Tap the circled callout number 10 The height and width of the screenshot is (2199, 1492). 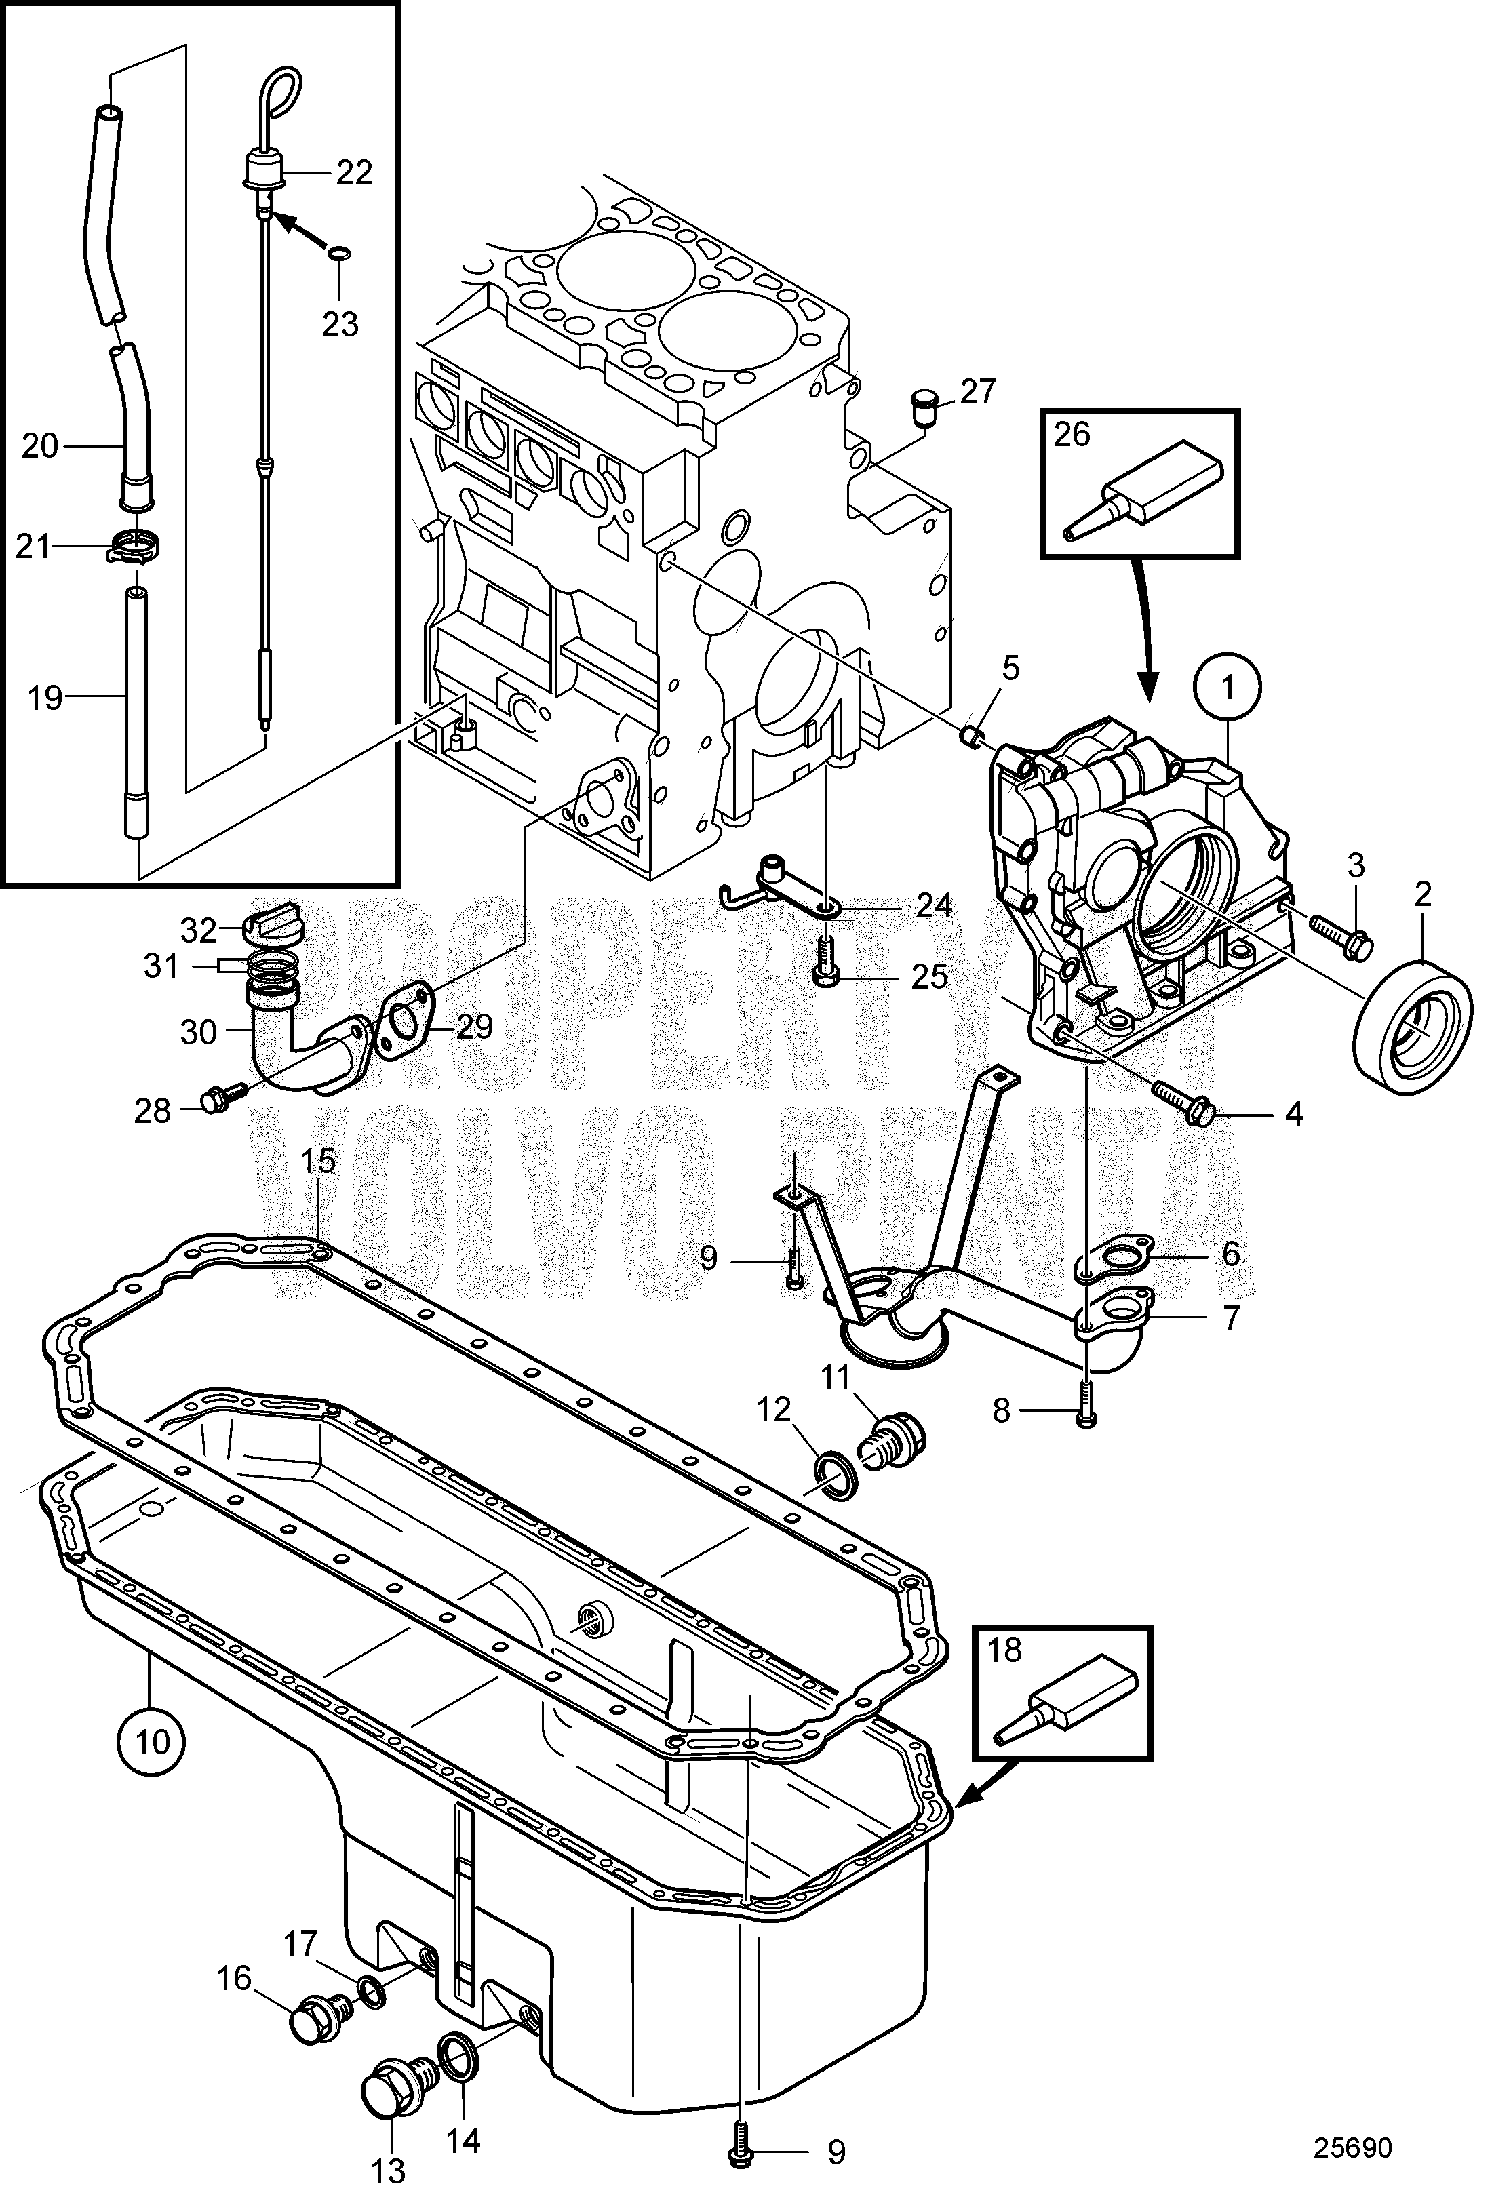(151, 1740)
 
